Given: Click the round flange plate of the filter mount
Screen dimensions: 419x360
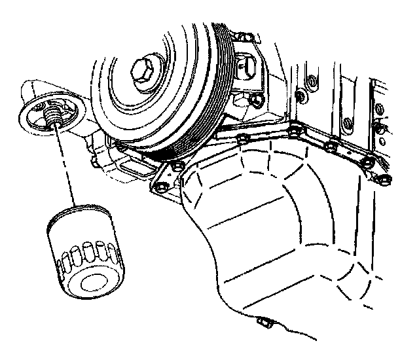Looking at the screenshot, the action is click(46, 118).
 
